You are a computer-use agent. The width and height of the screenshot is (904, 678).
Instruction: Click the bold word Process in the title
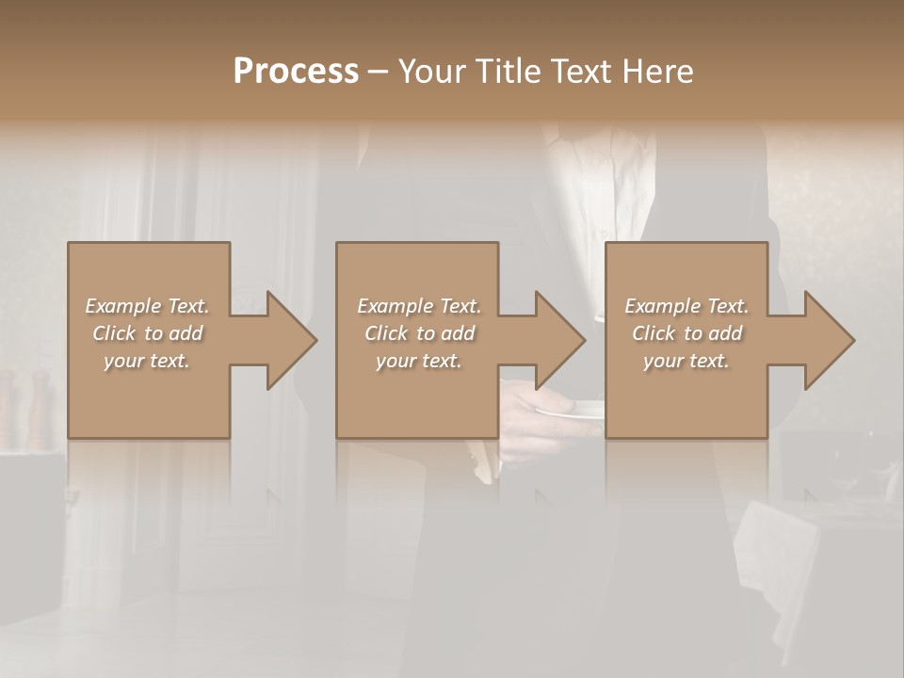click(296, 72)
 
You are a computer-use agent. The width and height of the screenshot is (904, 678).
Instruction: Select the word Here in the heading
click(658, 72)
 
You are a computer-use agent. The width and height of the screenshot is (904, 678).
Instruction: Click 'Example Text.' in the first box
click(147, 306)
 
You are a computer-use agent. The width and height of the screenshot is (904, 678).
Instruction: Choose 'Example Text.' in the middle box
click(418, 306)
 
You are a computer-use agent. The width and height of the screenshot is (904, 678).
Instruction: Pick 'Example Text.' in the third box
click(686, 306)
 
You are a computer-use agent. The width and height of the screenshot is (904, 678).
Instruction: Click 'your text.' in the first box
click(147, 361)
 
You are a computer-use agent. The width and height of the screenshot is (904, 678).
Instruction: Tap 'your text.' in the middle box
click(418, 361)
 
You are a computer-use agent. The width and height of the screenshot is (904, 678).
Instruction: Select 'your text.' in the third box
click(686, 361)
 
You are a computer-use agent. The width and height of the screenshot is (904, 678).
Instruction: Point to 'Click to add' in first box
click(147, 333)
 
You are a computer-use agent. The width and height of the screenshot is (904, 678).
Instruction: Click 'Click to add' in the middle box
click(418, 333)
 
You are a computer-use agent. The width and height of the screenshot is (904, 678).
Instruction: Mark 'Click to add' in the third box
click(686, 333)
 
